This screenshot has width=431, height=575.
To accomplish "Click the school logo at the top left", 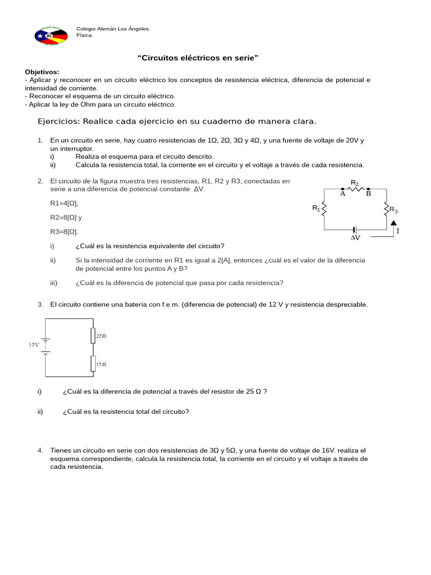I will click(x=51, y=35).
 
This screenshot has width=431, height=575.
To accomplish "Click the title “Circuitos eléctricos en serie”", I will click(x=198, y=58).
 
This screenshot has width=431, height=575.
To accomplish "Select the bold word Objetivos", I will click(x=42, y=72).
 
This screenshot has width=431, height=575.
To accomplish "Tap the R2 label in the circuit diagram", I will click(x=355, y=183).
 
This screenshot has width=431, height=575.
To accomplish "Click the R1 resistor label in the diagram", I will click(x=316, y=208).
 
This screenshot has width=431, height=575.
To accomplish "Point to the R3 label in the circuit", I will click(x=393, y=210).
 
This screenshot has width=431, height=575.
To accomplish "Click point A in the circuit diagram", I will click(x=343, y=194).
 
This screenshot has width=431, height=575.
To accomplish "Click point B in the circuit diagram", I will click(x=368, y=194).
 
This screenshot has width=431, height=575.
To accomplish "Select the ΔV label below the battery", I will click(x=355, y=238).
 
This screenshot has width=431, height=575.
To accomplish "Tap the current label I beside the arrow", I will click(x=398, y=231).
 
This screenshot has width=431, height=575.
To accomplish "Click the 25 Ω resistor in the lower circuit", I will click(x=93, y=336).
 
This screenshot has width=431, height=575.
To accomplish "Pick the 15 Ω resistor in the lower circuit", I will click(x=93, y=363).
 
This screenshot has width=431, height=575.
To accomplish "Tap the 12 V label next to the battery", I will click(x=34, y=345).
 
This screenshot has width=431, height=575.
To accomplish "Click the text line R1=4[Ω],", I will click(x=64, y=203).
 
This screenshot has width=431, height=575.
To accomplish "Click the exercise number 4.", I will click(x=40, y=450).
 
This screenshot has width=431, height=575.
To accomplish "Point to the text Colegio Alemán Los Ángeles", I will click(x=113, y=29).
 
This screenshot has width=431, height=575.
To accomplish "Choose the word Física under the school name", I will click(x=84, y=35).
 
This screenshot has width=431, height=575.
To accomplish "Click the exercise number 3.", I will click(x=40, y=304).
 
